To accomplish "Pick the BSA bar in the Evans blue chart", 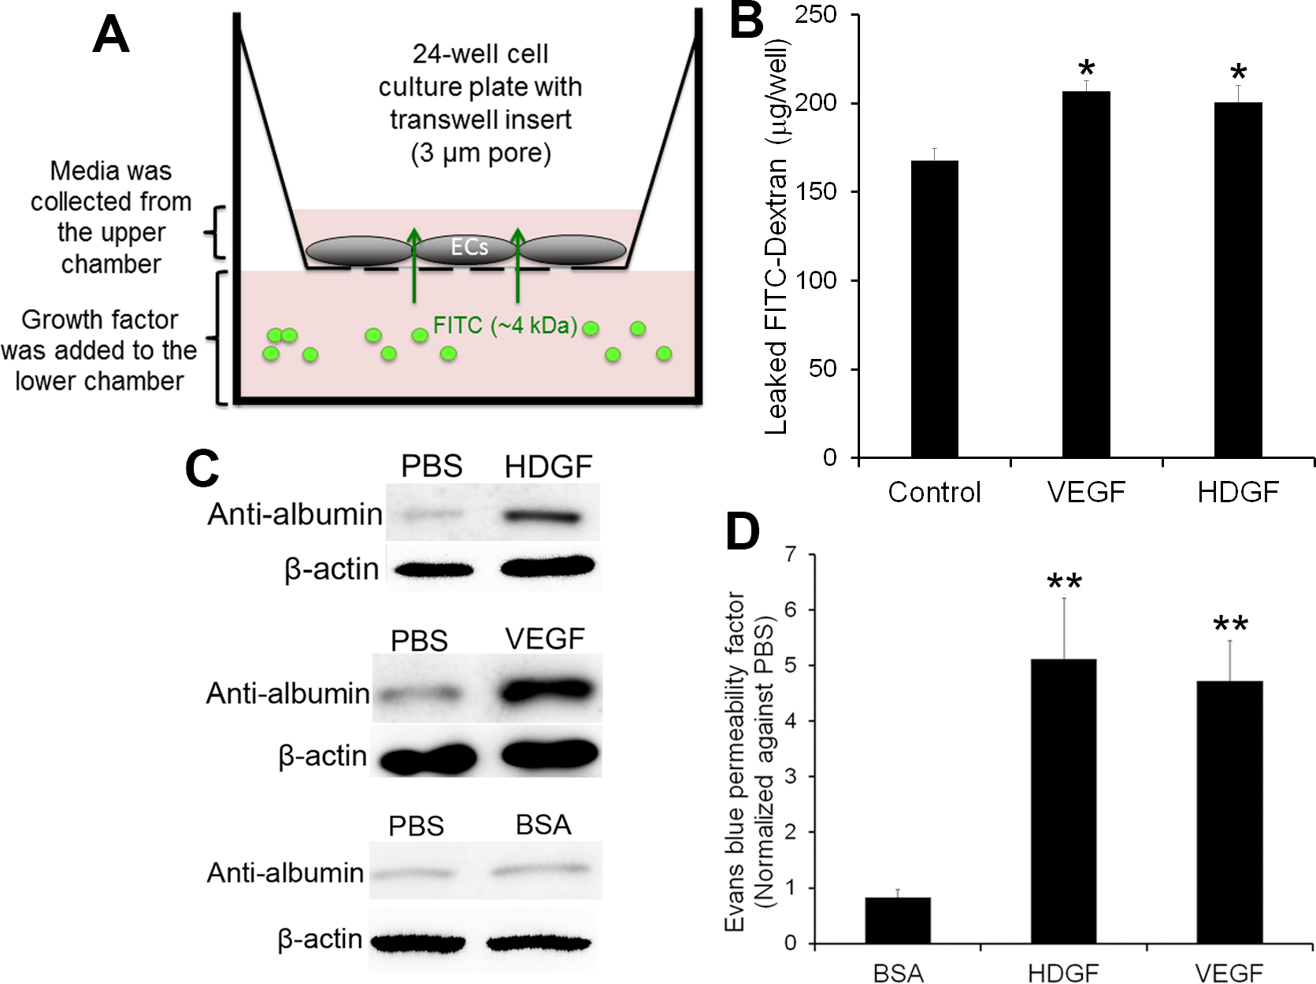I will coord(898,920).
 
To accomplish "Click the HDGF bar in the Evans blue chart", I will coord(1063,801).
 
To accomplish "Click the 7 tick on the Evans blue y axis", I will coord(791,554).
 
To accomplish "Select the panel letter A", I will coord(110,35).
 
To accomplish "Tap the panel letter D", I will coord(742,532).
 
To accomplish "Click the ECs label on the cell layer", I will coord(469,247).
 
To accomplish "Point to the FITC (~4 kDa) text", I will coord(506,325).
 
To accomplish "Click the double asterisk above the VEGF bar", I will coord(1230,626).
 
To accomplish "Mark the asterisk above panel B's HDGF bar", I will coord(1238,73).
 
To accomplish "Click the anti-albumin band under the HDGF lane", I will coord(542,517).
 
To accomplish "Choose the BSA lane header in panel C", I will coord(543,824).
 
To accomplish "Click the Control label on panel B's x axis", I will coord(934,493).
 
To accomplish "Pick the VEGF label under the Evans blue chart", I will coord(1229,973).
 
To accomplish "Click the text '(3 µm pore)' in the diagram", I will coord(480,152).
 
